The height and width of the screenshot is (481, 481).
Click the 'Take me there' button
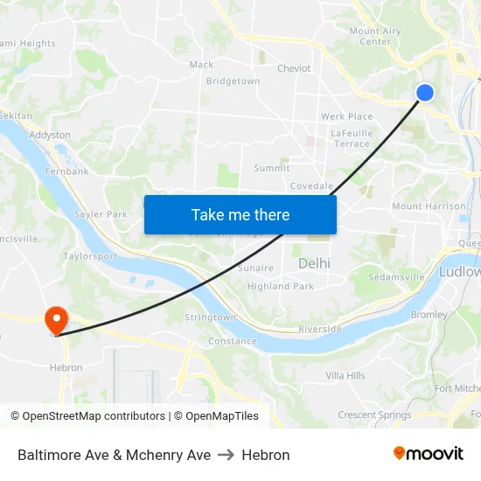tap(240, 214)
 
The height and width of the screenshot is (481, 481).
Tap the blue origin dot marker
tap(425, 93)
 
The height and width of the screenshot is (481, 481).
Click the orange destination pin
tap(57, 320)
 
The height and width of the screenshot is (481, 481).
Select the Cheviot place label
tap(294, 68)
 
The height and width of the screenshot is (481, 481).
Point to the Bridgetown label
tap(233, 81)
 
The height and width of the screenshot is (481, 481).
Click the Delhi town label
tap(314, 263)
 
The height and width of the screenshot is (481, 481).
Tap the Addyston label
tap(50, 136)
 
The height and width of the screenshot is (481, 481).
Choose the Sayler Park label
tap(101, 214)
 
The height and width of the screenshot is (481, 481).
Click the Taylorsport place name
tap(90, 256)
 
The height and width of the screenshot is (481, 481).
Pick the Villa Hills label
tap(345, 375)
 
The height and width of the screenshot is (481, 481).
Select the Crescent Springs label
tap(374, 415)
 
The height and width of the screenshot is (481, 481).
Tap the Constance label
tap(232, 341)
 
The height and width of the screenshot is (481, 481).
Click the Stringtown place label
tap(210, 317)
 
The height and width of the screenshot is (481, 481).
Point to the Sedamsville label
tap(396, 276)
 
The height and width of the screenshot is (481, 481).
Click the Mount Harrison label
tap(429, 206)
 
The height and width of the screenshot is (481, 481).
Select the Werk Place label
tap(346, 116)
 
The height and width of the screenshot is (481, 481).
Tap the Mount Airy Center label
tap(375, 36)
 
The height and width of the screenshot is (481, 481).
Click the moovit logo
tap(428, 454)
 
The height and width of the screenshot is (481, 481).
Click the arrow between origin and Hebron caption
tap(227, 455)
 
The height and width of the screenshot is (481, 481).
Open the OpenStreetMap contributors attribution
tap(94, 416)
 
